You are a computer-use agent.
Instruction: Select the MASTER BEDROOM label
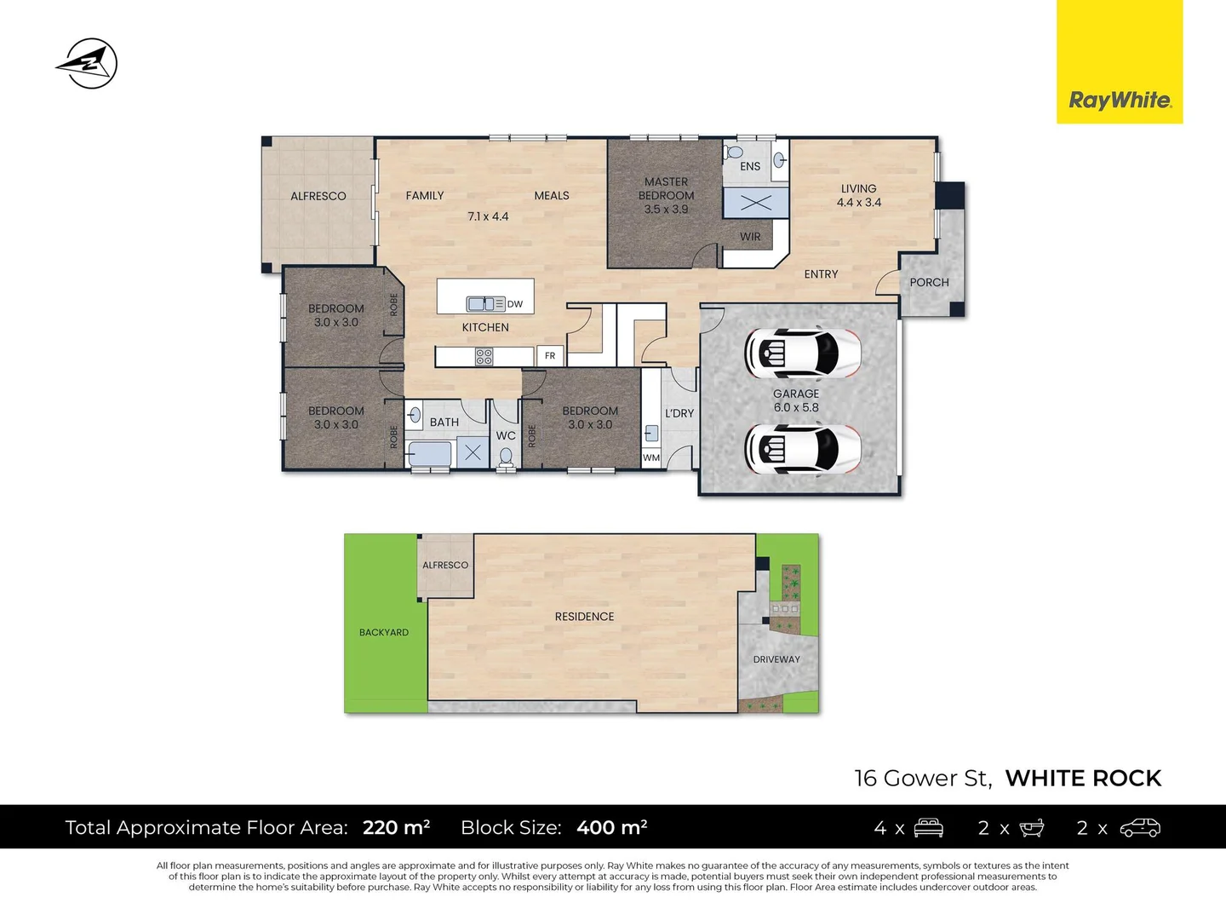(x=666, y=188)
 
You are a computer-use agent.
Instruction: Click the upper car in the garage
(x=802, y=353)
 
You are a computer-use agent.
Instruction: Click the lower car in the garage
(x=802, y=449)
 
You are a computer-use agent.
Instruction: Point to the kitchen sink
(x=485, y=303)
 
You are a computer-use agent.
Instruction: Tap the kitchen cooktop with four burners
(x=484, y=357)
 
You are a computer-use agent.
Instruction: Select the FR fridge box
(x=550, y=356)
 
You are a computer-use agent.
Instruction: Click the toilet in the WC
(x=506, y=458)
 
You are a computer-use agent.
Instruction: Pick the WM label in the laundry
(x=651, y=458)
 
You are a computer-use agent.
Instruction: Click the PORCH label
(x=929, y=283)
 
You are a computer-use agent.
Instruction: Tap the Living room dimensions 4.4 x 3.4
(x=858, y=203)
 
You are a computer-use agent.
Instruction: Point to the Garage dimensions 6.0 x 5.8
(x=796, y=408)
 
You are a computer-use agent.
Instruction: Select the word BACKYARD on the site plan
(x=384, y=632)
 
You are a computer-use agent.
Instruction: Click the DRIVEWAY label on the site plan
(x=776, y=659)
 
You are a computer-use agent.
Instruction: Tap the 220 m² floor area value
(x=396, y=828)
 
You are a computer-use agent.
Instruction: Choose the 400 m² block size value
(x=611, y=828)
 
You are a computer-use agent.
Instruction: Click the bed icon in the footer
(x=929, y=828)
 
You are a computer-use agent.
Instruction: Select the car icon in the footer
(x=1140, y=828)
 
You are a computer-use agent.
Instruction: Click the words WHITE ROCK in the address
(x=1083, y=779)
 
